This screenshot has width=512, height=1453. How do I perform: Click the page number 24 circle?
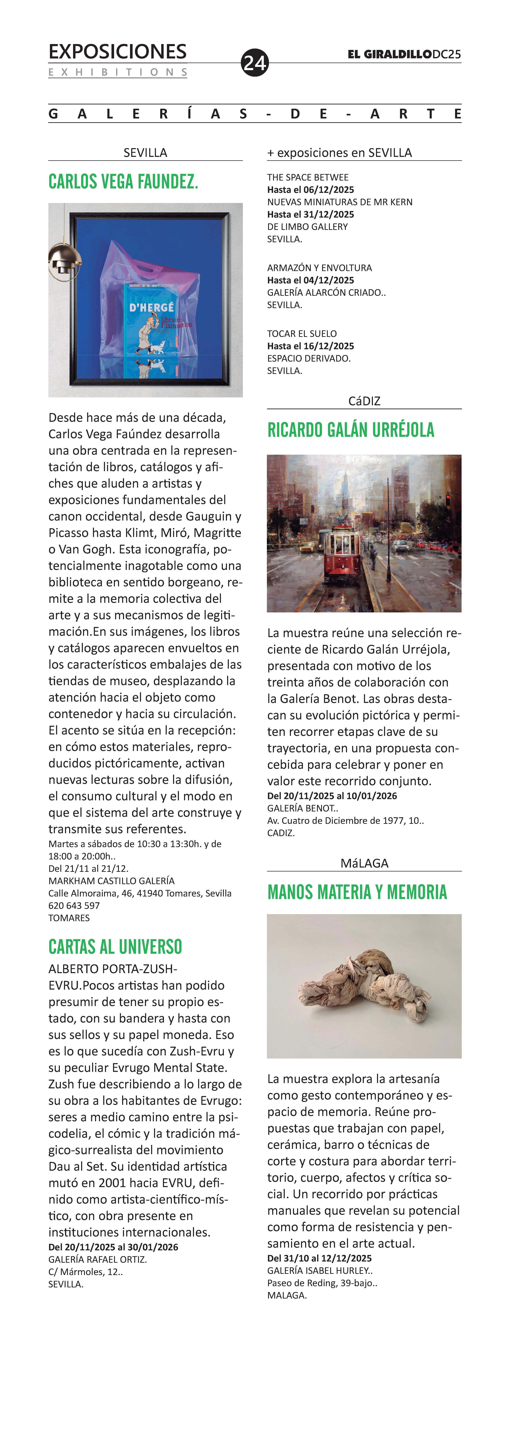pos(255,63)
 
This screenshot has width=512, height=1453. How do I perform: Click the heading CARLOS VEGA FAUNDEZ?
pos(123,182)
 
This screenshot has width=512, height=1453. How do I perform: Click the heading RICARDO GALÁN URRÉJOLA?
pos(351,430)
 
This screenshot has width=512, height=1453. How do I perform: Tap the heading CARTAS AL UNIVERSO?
pos(115,947)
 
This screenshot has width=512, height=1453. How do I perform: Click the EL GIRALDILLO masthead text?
pos(390,54)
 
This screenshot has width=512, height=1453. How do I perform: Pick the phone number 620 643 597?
pos(74,905)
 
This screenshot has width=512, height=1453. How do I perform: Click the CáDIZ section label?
pos(364,401)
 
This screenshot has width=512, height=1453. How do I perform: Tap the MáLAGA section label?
pos(364,863)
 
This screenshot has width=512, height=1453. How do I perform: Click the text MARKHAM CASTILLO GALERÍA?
pos(111,881)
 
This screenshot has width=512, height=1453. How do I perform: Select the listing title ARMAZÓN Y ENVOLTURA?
pos(320,268)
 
